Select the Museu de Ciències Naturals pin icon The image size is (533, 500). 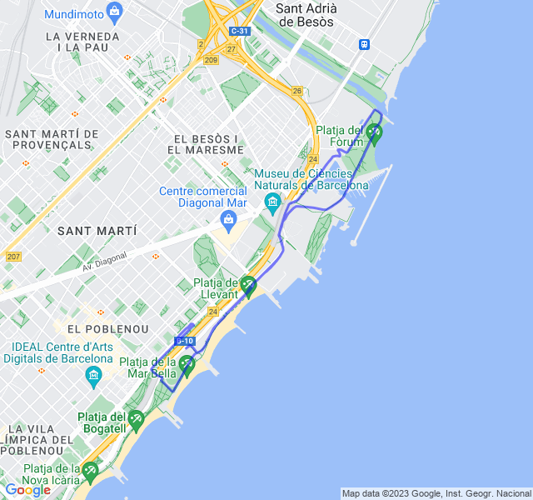click(272, 202)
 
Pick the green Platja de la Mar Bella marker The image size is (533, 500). click(187, 364)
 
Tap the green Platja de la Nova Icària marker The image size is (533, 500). click(90, 472)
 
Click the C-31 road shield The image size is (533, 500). click(239, 31)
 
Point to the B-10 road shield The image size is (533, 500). click(185, 341)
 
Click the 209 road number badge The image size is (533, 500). click(211, 60)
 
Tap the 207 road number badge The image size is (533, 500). click(12, 256)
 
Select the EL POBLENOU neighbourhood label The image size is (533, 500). click(108, 329)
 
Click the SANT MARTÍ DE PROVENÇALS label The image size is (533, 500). click(52, 139)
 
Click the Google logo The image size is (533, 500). click(27, 490)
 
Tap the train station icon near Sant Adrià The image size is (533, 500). click(365, 44)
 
